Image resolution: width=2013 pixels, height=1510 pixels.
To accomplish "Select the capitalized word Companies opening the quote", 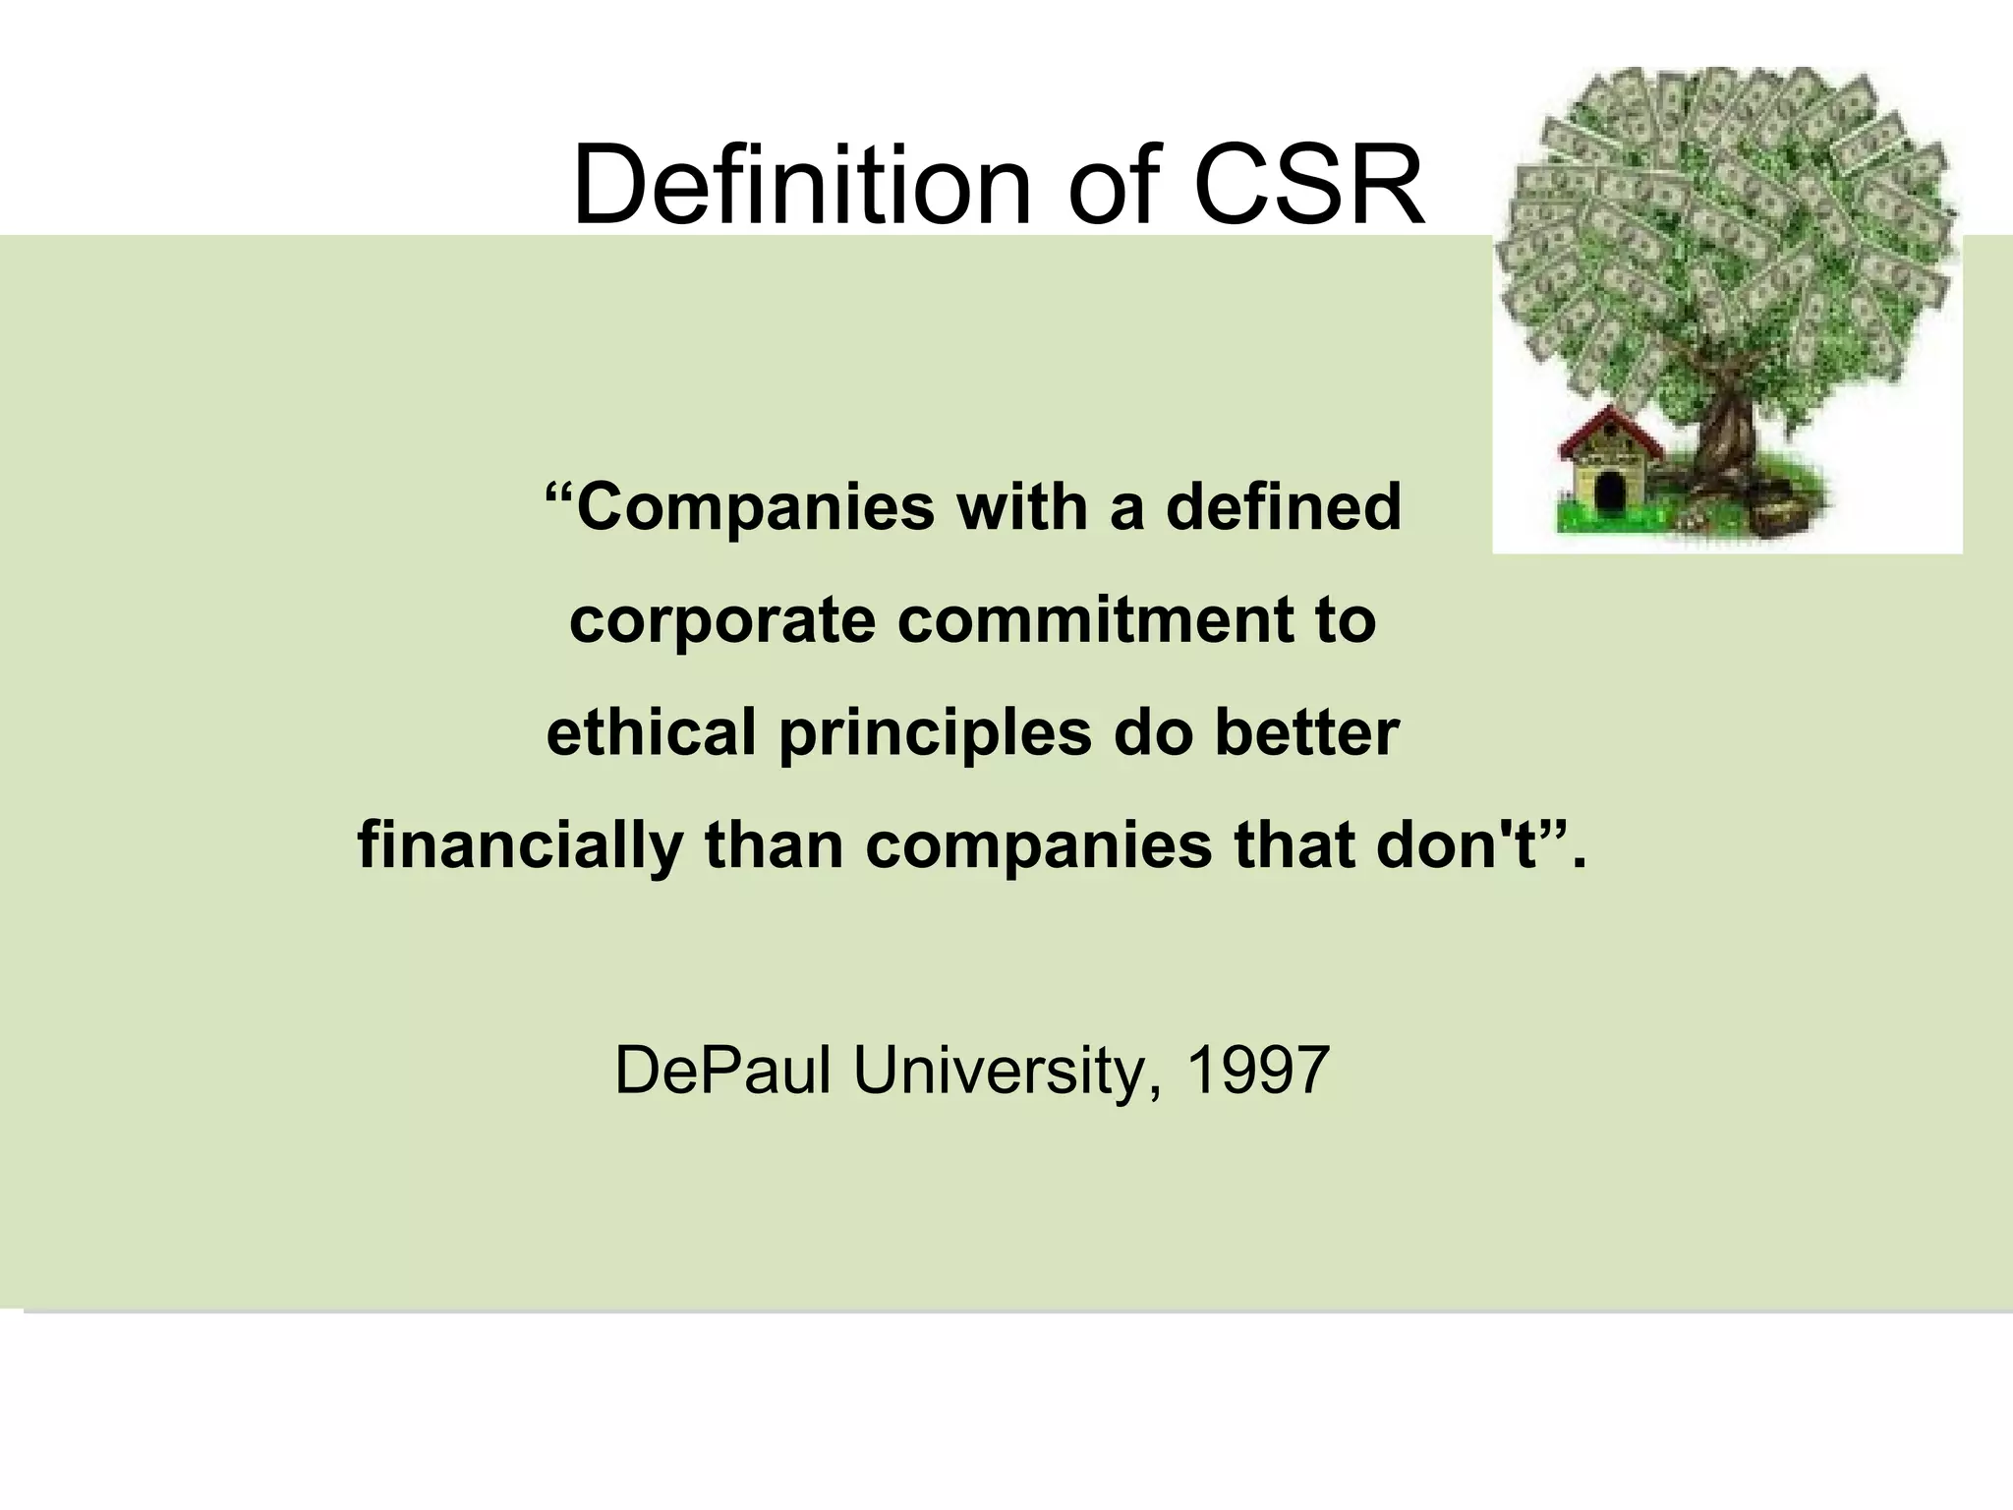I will pos(755,509).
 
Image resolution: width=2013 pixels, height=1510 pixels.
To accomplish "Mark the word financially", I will pos(520,847).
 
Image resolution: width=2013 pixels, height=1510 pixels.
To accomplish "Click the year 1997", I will pos(1258,1071).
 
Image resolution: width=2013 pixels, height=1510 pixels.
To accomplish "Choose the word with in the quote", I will pos(1021,507).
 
